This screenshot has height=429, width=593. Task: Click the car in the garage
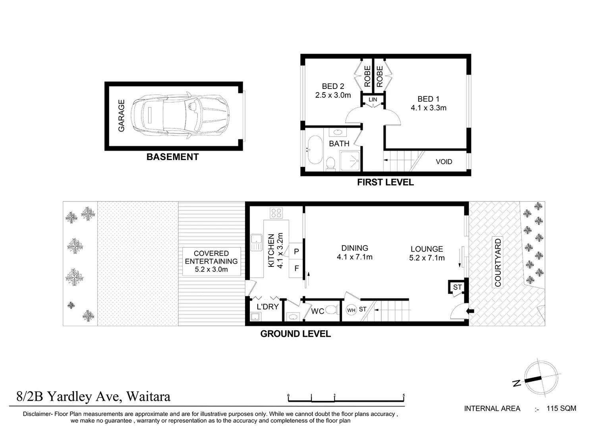pos(180,116)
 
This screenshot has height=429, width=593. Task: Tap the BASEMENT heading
pos(172,157)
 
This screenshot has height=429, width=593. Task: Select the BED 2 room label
pos(333,86)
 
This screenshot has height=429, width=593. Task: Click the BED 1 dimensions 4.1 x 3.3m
pos(428,108)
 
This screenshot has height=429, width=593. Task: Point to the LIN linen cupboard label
pos(373,100)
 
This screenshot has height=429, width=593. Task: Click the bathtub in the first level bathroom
pos(315,150)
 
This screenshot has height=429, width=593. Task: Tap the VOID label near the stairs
pos(444,162)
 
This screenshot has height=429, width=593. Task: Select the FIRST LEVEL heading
pos(385,182)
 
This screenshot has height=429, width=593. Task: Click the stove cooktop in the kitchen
pos(276,213)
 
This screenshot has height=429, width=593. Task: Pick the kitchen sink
pos(257,242)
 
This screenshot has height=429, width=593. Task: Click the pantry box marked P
pos(296,251)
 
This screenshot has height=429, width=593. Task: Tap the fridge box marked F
pos(296,269)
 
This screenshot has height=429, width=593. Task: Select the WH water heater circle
pos(351,310)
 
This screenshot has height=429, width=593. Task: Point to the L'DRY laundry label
pos(267,307)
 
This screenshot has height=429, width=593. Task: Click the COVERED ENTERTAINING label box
pos(211,261)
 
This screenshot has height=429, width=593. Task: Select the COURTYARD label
pos(498,263)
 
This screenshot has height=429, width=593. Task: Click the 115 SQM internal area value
pos(561,408)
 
